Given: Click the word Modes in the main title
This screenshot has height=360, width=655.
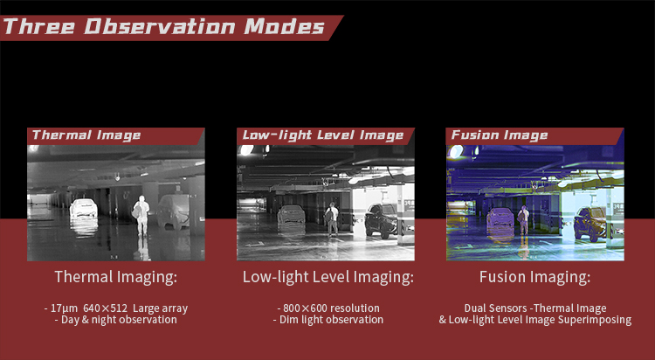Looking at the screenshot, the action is click(284, 27).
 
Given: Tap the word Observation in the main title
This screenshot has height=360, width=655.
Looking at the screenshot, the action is click(160, 27).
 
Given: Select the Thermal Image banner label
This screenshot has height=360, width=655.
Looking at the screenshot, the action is click(86, 135).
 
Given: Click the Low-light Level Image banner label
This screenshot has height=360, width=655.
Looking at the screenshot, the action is click(323, 135).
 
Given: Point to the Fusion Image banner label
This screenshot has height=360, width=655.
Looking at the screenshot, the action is click(500, 135).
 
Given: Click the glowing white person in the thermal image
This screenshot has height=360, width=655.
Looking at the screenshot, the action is click(141, 215).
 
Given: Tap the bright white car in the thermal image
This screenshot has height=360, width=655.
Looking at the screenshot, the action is click(84, 208).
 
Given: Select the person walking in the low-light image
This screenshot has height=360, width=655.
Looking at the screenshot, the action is click(332, 219).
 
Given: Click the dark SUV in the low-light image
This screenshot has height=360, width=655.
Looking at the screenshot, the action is click(381, 220).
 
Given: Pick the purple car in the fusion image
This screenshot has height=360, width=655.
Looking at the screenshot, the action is click(500, 217).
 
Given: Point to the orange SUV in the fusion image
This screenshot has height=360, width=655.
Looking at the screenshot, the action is click(589, 224).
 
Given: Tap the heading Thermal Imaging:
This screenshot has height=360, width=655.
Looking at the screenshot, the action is click(115, 277).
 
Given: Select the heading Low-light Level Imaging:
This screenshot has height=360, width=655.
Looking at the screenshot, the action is click(327, 277).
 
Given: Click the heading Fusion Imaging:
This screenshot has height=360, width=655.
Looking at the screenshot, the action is click(534, 277).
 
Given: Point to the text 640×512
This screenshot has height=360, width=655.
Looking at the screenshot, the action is click(105, 308).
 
